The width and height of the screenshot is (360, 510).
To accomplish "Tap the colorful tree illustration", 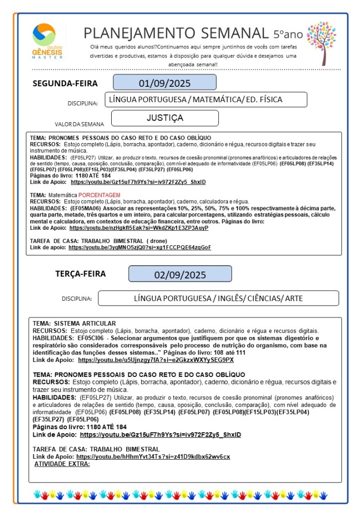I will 321,43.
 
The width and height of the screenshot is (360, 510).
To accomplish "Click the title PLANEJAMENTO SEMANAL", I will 176,33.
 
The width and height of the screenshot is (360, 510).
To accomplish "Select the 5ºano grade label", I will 288,34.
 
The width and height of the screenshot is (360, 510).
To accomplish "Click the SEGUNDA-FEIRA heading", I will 65,83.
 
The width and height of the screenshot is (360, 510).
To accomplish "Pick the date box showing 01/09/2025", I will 165,82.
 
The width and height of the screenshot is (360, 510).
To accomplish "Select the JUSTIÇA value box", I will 165,118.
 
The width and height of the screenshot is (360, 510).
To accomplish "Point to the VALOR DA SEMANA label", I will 80,124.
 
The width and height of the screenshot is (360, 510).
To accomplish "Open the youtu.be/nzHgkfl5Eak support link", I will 139,228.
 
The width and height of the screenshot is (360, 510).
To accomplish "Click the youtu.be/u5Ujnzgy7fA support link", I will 156,359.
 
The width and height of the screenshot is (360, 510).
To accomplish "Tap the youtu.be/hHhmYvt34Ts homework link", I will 153,456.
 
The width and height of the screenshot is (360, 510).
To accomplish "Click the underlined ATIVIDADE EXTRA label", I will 62,464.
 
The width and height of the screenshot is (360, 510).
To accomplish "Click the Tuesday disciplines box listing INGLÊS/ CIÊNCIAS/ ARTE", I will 218,298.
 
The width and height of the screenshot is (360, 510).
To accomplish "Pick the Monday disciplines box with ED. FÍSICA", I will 205,100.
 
